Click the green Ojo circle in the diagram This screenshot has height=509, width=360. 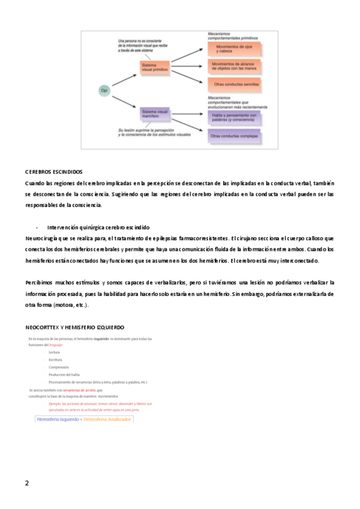pyautogui.click(x=104, y=90)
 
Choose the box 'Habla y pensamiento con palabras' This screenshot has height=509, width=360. pyautogui.click(x=234, y=116)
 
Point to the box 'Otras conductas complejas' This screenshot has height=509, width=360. pyautogui.click(x=234, y=136)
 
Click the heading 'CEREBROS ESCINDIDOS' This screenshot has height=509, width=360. pyautogui.click(x=54, y=172)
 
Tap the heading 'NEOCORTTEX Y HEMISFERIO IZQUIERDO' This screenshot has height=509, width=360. pyautogui.click(x=74, y=327)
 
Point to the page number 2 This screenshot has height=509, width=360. pyautogui.click(x=27, y=483)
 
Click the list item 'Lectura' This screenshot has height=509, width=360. pyautogui.click(x=55, y=352)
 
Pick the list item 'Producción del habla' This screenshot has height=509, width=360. pyautogui.click(x=64, y=375)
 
